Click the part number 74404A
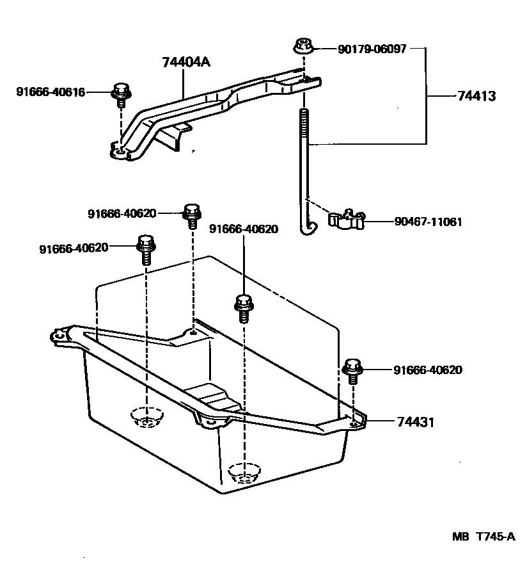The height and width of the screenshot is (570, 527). (x=185, y=62)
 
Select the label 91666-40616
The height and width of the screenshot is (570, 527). (x=51, y=92)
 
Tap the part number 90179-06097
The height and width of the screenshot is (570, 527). (x=372, y=49)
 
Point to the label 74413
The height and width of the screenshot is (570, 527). (x=477, y=96)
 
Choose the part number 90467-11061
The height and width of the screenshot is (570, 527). (x=428, y=222)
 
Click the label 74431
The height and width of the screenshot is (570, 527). (x=416, y=422)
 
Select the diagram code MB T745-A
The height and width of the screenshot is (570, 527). (x=484, y=537)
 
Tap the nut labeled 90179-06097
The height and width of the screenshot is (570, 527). (x=303, y=47)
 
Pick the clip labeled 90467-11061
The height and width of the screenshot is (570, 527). (x=346, y=220)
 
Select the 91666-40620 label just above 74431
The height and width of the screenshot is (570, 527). (x=428, y=370)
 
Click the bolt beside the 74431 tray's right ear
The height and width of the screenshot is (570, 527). (x=352, y=370)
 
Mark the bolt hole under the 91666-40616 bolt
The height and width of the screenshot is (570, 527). (x=119, y=152)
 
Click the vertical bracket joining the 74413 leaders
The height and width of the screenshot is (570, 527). (x=427, y=95)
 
